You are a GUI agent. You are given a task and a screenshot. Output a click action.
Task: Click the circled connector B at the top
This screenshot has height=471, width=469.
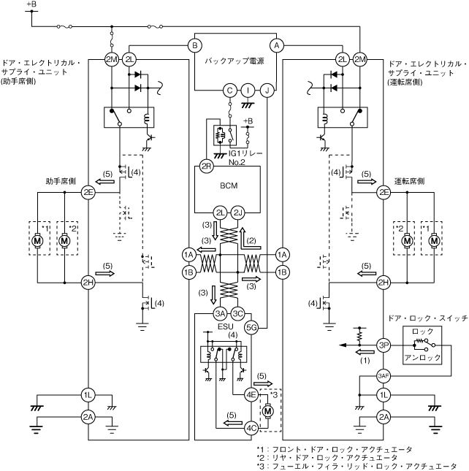[x=194, y=45]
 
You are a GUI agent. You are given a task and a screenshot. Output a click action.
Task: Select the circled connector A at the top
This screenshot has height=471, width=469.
[x=276, y=45]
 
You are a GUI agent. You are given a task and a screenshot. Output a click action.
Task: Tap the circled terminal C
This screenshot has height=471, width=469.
[x=229, y=90]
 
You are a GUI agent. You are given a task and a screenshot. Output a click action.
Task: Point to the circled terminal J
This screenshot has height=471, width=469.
[x=267, y=90]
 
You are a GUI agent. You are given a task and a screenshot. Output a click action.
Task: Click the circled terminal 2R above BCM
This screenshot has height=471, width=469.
[x=206, y=166]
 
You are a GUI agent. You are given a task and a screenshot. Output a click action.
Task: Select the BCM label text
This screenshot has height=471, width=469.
[x=229, y=186]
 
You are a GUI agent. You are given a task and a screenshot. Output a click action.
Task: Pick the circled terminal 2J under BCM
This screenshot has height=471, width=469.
[x=238, y=212]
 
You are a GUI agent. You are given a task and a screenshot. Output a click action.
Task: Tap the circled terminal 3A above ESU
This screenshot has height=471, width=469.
[x=220, y=314]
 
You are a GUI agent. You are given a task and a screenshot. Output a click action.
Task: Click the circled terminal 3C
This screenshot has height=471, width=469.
[x=238, y=314]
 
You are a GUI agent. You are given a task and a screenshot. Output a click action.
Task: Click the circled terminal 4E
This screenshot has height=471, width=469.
[x=251, y=395]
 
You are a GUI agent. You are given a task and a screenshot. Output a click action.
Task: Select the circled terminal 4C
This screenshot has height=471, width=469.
[x=251, y=427]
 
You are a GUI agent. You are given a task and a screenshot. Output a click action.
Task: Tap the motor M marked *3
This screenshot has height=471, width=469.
[x=268, y=411]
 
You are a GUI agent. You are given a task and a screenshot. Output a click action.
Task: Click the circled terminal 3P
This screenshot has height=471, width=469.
[x=383, y=345]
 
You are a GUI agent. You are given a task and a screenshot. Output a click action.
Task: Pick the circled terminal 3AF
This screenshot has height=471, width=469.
[x=383, y=377]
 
